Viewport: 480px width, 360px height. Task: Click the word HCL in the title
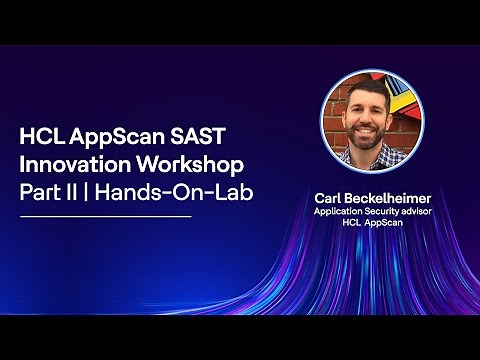43,136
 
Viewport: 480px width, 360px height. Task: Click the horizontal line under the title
106,215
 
